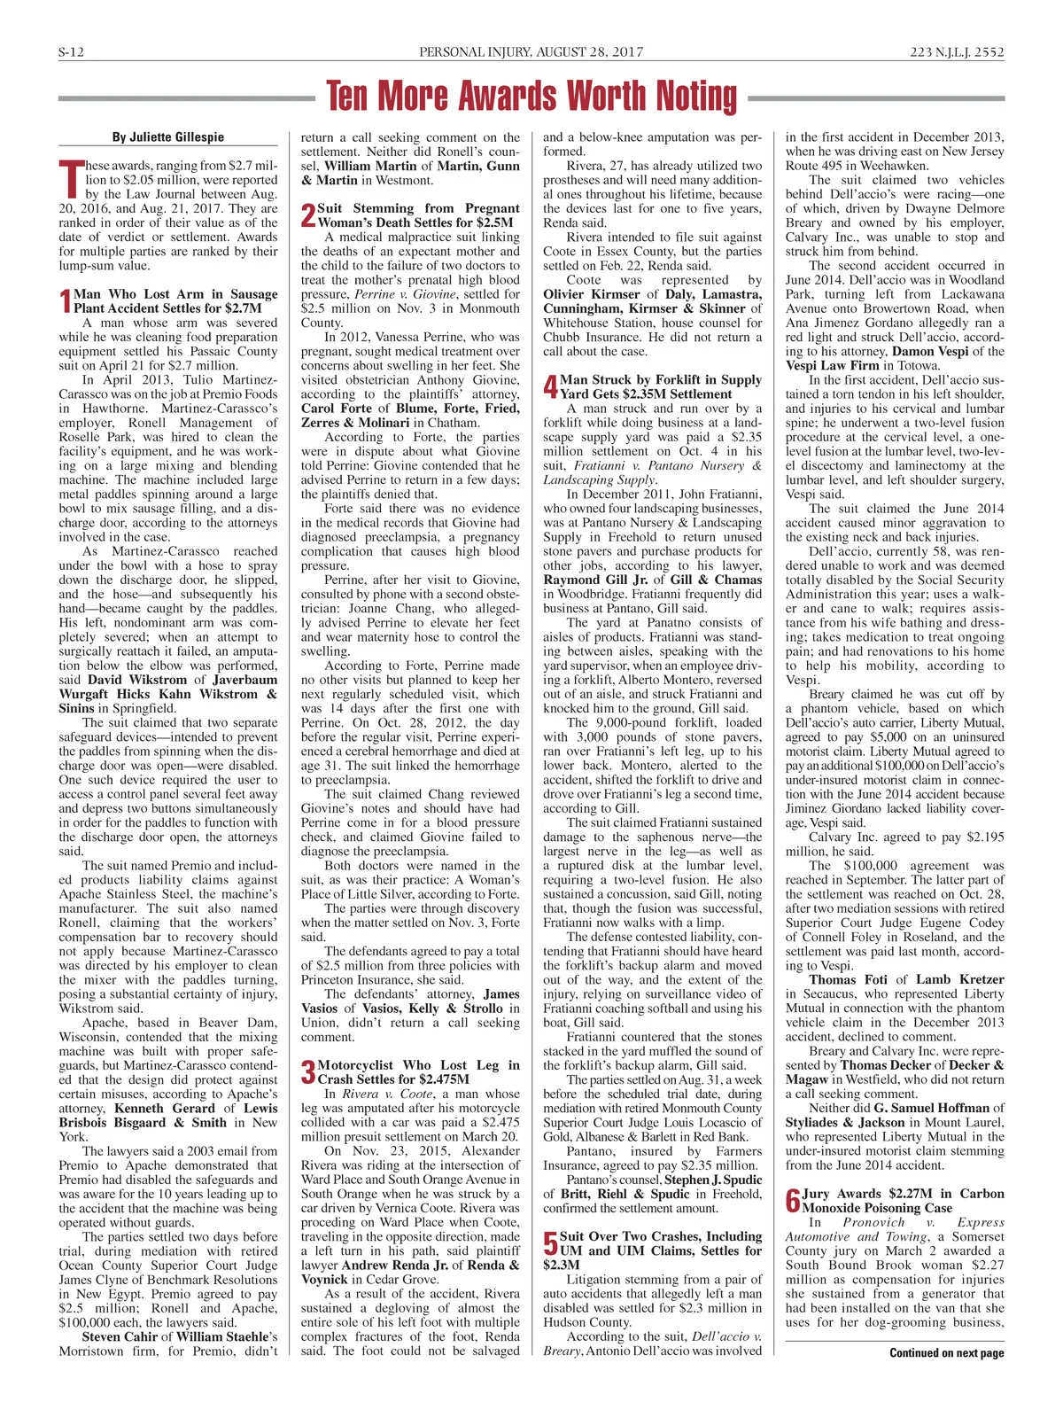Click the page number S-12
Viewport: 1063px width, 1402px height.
tap(71, 52)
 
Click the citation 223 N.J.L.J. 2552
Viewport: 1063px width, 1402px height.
tap(957, 52)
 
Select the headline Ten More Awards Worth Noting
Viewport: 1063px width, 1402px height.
tap(531, 96)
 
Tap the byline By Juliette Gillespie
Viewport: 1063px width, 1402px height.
tap(168, 137)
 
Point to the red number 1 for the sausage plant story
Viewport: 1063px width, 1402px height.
tap(65, 301)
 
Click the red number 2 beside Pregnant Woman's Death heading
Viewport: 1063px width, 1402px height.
tap(307, 215)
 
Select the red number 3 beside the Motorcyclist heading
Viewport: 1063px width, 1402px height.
tap(307, 1072)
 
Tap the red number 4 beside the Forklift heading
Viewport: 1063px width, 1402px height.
tap(550, 386)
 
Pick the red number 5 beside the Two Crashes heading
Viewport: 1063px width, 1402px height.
tap(550, 1243)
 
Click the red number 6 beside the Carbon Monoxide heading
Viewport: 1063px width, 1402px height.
tap(793, 1201)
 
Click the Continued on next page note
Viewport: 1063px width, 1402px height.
tap(946, 1353)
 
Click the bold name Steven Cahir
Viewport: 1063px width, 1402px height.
tap(120, 1336)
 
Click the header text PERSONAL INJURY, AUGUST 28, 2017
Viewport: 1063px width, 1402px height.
tap(531, 52)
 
